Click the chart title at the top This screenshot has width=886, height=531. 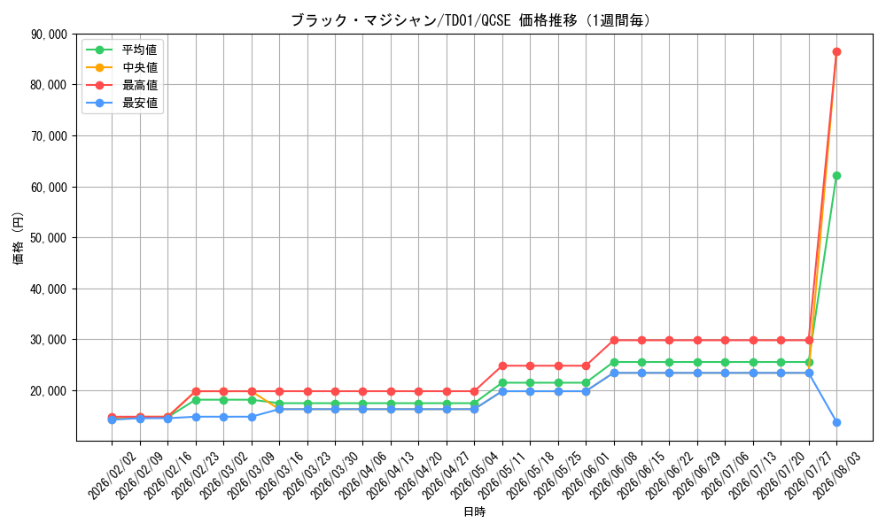(470, 21)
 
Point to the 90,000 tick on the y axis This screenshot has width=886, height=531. (49, 35)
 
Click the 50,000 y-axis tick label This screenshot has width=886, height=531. (49, 238)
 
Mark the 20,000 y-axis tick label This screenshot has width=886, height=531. (49, 391)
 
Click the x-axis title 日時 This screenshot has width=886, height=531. (475, 512)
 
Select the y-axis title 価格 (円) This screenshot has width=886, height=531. (19, 237)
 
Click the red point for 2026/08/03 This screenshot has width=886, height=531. (836, 52)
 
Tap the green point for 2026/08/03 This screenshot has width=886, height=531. (836, 175)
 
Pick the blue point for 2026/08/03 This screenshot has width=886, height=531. (836, 423)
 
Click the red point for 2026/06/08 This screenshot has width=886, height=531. (614, 340)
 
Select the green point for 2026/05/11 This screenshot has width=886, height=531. (502, 382)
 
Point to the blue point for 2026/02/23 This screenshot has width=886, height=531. (196, 417)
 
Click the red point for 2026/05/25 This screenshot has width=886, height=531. (558, 366)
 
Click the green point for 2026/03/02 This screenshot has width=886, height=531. (224, 400)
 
